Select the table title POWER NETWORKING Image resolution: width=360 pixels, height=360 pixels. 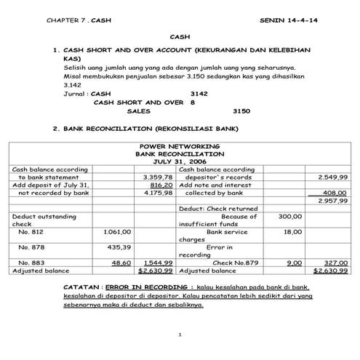click(181, 146)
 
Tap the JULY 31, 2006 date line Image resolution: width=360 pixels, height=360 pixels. click(181, 161)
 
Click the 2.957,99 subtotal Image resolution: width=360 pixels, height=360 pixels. click(333, 201)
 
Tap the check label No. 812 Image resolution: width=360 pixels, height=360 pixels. click(31, 232)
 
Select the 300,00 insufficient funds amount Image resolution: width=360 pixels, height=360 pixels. click(289, 216)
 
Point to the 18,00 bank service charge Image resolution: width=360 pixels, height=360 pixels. click(292, 232)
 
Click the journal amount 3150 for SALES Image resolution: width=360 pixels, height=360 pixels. click(241, 111)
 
